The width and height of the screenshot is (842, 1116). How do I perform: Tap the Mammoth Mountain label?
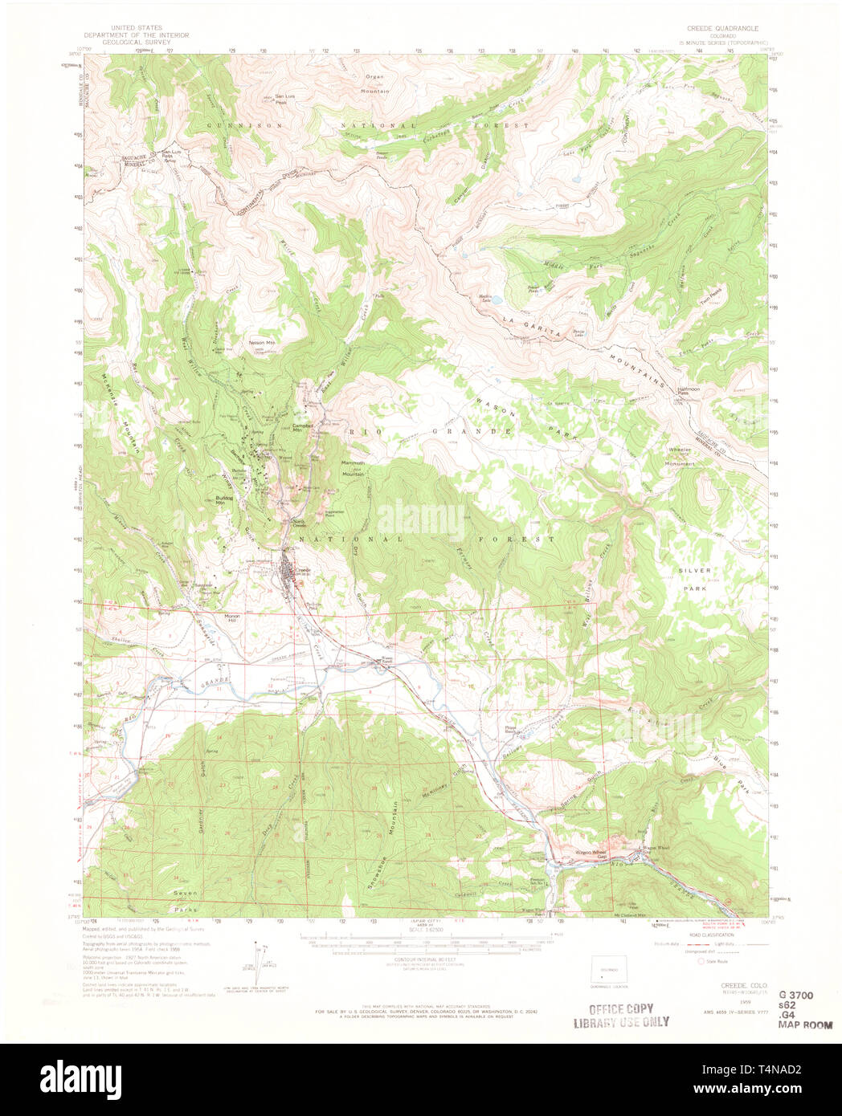354,468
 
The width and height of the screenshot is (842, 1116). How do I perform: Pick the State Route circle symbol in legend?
700,960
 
